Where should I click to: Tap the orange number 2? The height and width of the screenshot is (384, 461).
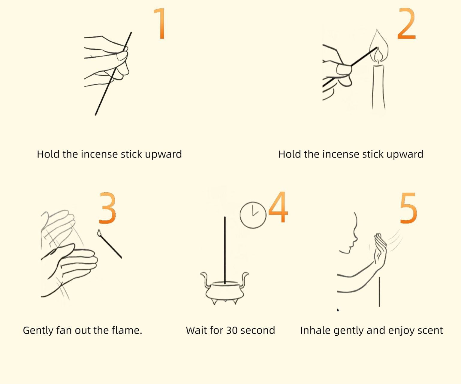[406, 24]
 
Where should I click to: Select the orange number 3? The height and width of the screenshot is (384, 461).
[107, 208]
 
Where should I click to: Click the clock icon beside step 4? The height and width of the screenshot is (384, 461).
[253, 215]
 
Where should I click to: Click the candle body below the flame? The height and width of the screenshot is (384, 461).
[379, 87]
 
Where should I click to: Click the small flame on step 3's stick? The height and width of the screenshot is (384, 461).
[99, 232]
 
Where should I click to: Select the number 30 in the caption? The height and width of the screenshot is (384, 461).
[232, 330]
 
